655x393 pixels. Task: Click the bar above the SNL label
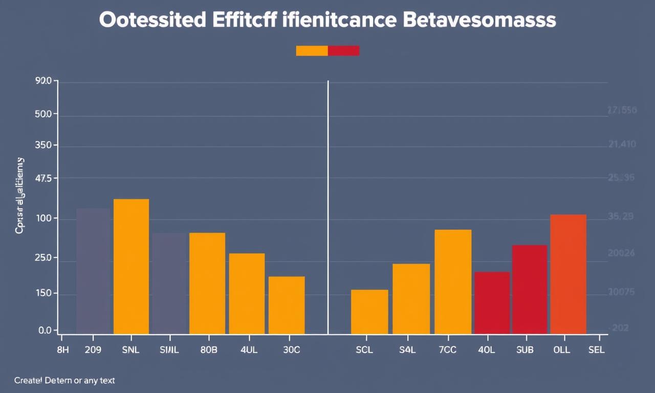(x=131, y=266)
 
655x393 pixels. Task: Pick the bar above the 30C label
(x=287, y=305)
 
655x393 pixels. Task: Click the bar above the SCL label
(x=369, y=312)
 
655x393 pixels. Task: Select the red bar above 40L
(x=492, y=302)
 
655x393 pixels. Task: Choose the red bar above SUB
(x=530, y=289)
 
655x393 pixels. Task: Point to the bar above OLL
(x=568, y=274)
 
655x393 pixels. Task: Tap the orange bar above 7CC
(x=453, y=281)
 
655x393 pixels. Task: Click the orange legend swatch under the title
(x=312, y=51)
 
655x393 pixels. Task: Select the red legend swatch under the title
(x=344, y=51)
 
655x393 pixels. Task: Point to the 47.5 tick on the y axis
(x=43, y=179)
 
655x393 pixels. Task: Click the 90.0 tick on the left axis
(x=43, y=81)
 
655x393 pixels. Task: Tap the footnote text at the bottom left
(x=64, y=381)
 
